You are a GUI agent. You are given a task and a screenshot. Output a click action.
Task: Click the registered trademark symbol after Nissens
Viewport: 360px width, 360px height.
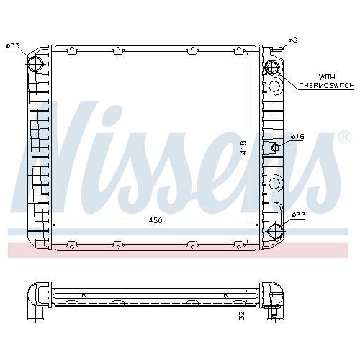345,136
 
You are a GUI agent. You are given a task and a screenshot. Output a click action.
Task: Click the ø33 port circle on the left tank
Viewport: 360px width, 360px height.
35,63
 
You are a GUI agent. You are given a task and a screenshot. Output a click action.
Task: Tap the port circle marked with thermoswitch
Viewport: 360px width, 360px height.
273,68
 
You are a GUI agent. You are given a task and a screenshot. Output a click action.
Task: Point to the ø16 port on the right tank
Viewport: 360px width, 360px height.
275,148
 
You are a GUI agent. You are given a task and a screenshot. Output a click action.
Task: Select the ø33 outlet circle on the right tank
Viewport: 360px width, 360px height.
274,230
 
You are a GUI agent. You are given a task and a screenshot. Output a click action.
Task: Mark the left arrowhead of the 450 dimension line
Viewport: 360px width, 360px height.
56,225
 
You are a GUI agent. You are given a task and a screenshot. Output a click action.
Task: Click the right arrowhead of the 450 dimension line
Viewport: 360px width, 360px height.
256,225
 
